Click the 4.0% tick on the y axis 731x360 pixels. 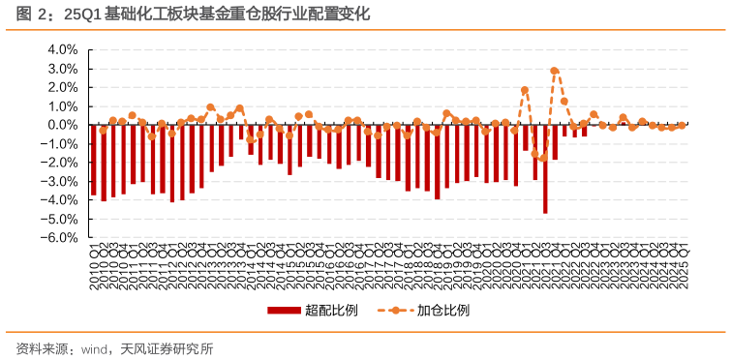[61, 49]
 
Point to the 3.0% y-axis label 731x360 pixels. [61, 69]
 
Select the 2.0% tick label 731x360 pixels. [61, 87]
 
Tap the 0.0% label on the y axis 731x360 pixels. [61, 125]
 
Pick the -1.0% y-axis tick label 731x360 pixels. [59, 143]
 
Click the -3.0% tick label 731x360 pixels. [59, 181]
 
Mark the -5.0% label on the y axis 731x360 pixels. [59, 219]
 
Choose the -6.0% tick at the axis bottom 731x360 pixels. [59, 237]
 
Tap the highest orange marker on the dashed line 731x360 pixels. [554, 71]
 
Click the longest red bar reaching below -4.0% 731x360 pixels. [545, 168]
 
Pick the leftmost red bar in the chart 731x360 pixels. [94, 160]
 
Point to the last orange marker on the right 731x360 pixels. [682, 125]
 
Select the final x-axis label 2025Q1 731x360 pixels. [683, 263]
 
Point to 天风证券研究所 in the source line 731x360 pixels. [170, 347]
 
